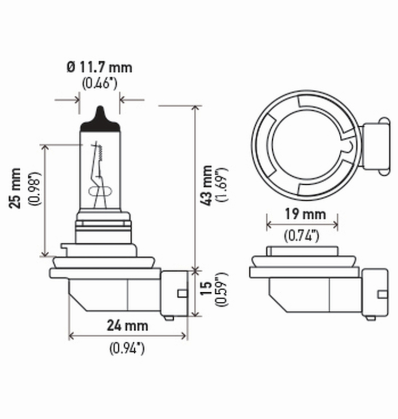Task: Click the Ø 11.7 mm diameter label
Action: [x=99, y=66]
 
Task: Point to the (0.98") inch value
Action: [x=34, y=189]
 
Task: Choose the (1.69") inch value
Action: [x=222, y=185]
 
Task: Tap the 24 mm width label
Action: [x=128, y=326]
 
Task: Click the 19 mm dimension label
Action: [x=302, y=214]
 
